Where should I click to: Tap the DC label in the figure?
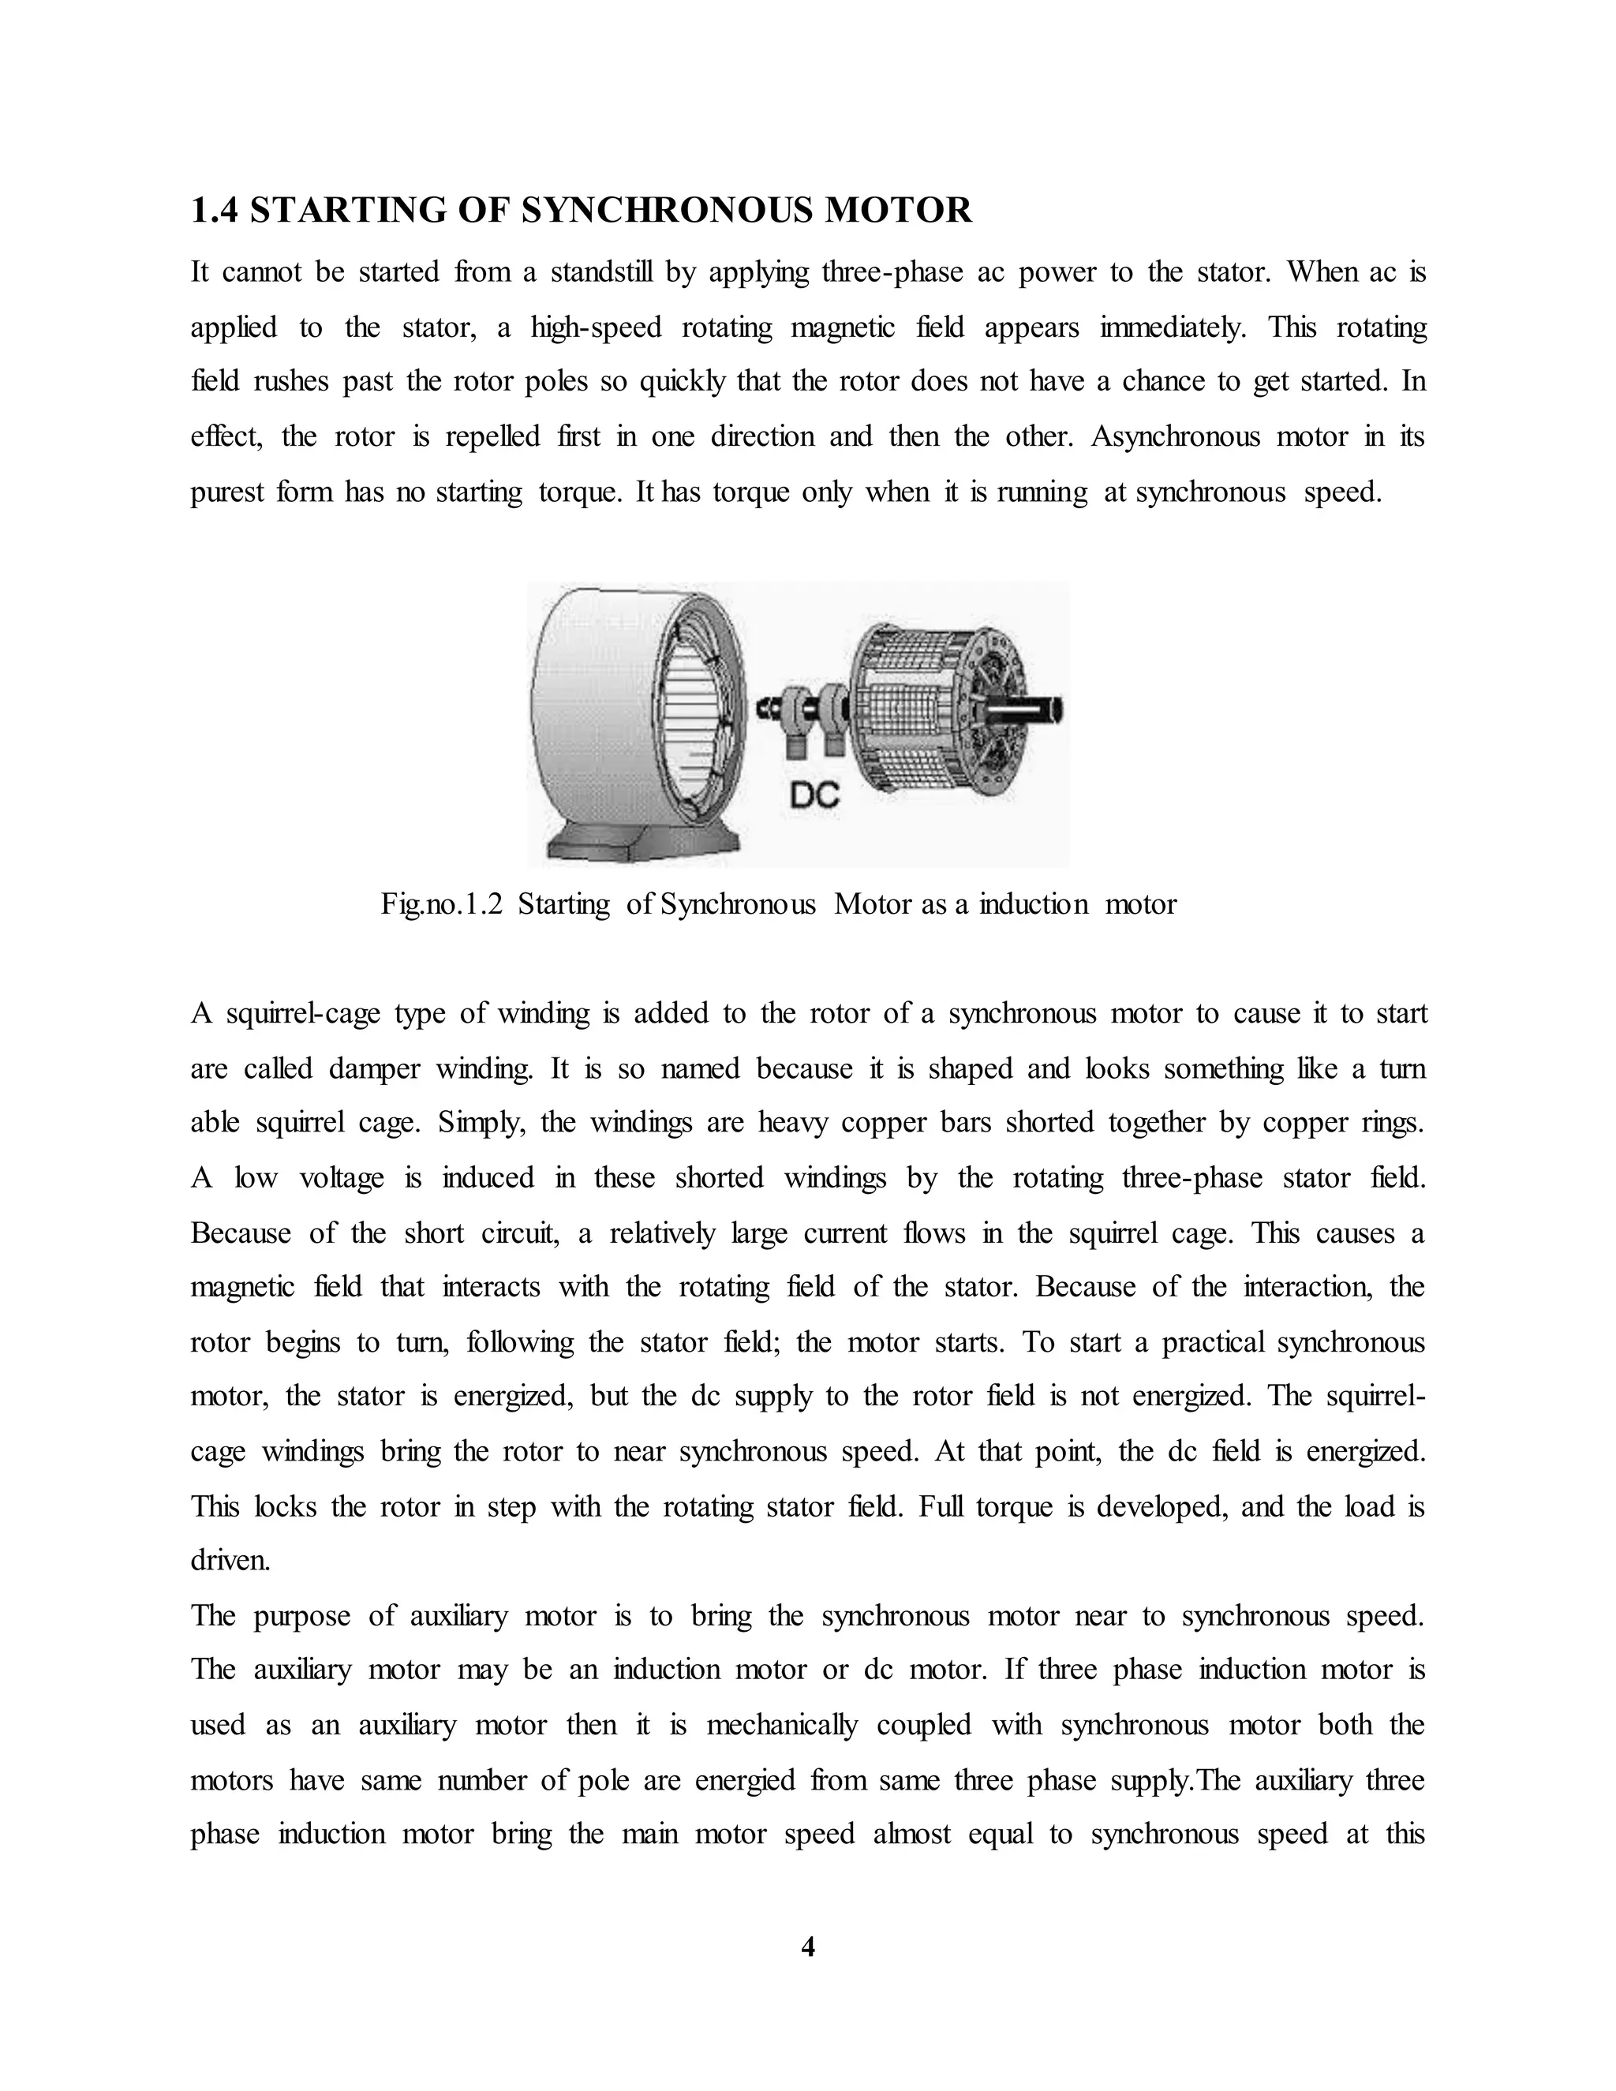(816, 795)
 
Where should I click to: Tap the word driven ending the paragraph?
(230, 1561)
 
